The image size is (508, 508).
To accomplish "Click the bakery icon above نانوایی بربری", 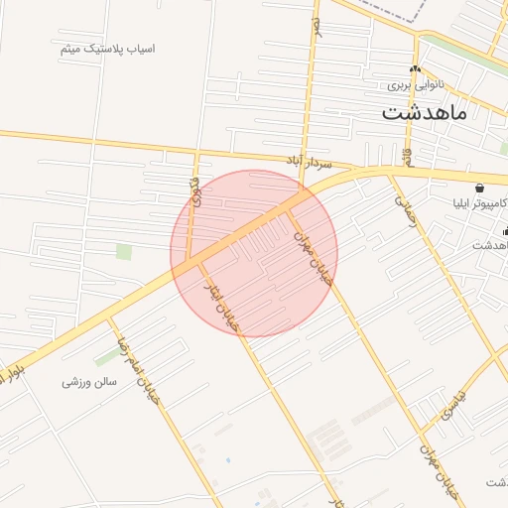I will coord(416,69).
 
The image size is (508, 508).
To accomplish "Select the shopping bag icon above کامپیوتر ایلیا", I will coord(480,188).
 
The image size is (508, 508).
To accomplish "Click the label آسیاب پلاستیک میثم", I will coord(106,49).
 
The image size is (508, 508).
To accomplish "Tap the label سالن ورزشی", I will coord(90,381).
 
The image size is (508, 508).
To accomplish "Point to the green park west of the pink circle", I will coord(124,251).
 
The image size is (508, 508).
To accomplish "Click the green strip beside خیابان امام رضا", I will coord(106,355).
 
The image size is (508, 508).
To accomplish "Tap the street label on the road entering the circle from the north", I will coord(194,189).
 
